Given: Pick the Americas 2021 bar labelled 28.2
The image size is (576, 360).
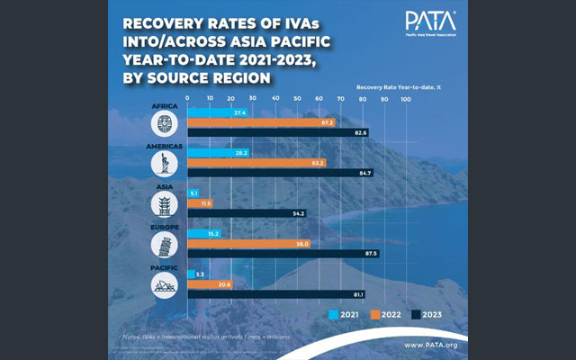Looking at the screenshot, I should tap(217, 153).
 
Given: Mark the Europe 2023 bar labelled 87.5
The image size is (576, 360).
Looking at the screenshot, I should tap(283, 255).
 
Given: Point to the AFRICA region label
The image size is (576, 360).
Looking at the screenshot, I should tap(166, 104).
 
